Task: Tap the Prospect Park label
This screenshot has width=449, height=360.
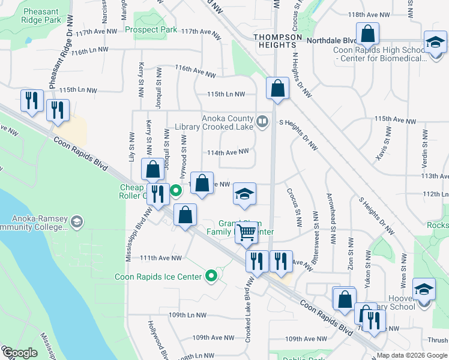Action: pos(151,29)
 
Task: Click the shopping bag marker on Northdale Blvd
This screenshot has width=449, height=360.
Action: pos(367,35)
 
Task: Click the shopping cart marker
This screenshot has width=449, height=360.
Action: pos(246,233)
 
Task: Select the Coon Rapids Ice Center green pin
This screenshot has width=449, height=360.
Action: pos(211,276)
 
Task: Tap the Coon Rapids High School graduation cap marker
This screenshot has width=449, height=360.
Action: pos(435,43)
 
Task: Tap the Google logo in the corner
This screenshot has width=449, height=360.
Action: pos(20,353)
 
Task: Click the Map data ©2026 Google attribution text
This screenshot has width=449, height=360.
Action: pos(411,355)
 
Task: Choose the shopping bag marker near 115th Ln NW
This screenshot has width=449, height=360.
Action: pos(277,90)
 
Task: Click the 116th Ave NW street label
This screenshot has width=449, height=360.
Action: pos(195,72)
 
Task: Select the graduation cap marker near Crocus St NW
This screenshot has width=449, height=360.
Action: pos(244,194)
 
